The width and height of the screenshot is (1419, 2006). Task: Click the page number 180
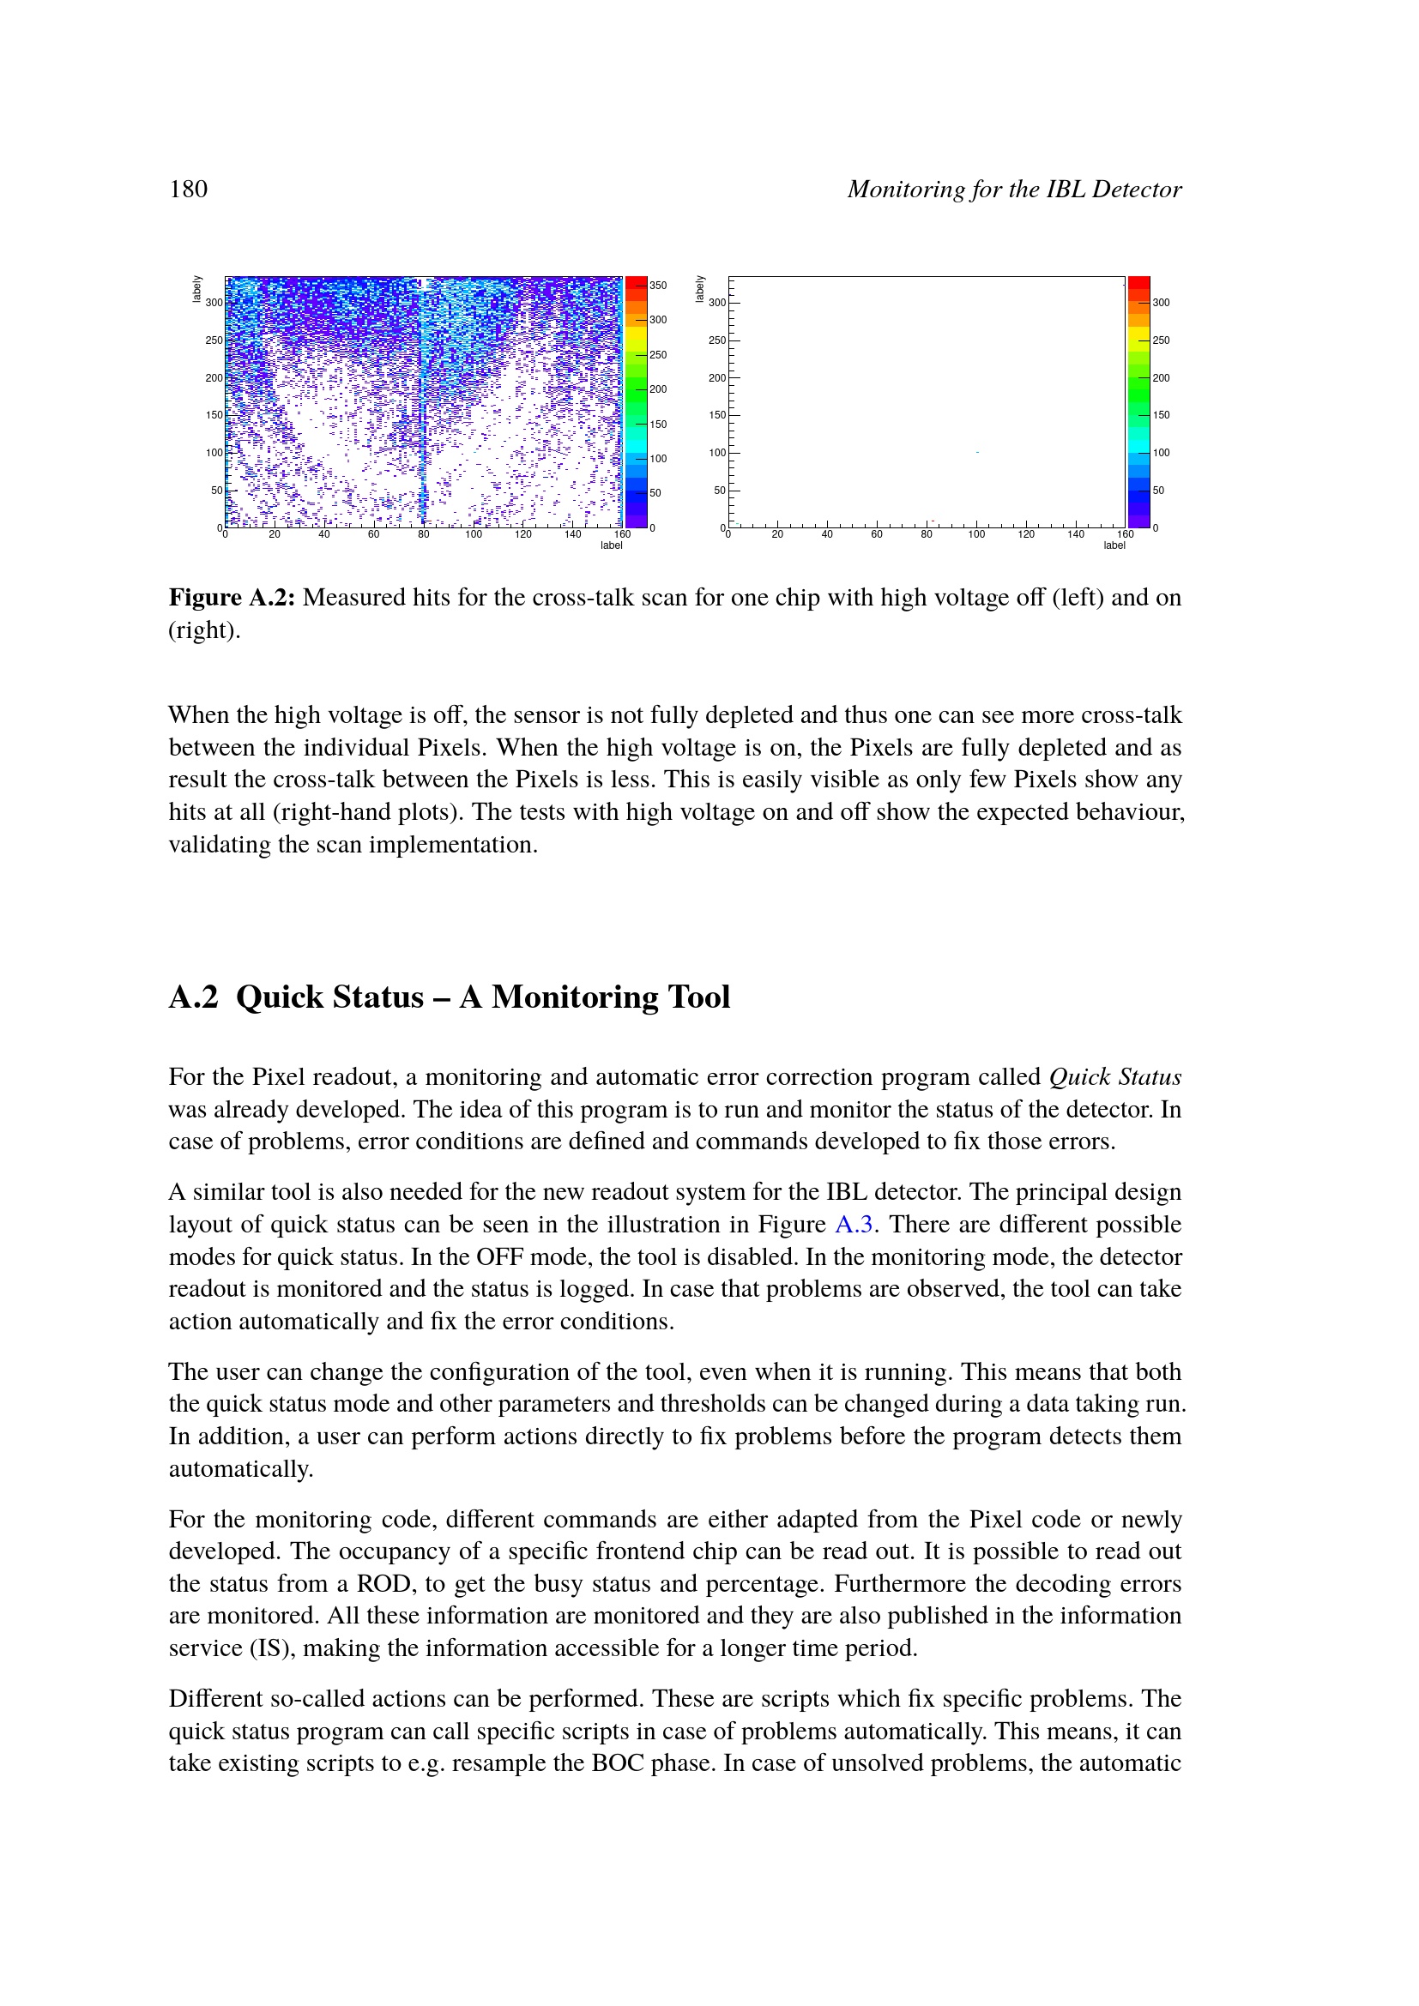188,190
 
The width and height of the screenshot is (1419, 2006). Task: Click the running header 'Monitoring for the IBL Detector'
1013,190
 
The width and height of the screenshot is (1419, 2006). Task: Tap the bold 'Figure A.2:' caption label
232,598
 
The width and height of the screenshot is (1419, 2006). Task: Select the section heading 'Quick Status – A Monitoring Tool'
482,997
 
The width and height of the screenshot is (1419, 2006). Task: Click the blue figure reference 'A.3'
854,1224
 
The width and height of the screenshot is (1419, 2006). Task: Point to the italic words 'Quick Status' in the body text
1115,1076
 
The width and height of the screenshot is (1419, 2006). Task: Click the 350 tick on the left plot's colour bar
658,286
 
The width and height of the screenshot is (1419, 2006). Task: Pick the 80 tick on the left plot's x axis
423,534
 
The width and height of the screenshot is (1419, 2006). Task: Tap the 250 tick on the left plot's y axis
214,340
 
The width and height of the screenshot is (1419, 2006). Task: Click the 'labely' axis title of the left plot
197,289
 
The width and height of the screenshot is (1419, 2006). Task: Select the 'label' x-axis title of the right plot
1114,546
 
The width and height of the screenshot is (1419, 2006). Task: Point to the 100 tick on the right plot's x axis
976,534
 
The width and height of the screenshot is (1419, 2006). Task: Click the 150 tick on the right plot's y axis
716,415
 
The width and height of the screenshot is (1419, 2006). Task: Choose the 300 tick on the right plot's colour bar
1161,302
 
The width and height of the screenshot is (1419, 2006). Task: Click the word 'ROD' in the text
383,1584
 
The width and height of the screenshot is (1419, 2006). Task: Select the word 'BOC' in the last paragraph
618,1763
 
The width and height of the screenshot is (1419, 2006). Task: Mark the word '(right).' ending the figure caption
203,630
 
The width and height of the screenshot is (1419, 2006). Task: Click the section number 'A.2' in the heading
193,997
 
